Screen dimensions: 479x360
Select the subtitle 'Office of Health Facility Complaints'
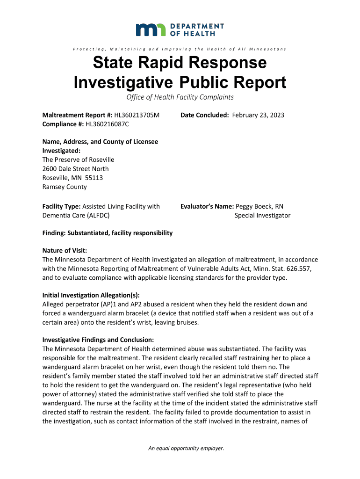tap(180, 97)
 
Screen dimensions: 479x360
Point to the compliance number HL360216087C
tap(107, 124)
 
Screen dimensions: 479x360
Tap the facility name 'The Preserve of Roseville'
tap(78, 160)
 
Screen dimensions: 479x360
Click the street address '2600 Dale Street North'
tap(75, 168)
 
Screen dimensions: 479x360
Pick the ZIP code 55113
tap(94, 178)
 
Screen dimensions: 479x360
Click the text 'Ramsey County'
tap(65, 187)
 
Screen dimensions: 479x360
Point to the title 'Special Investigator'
tap(262, 215)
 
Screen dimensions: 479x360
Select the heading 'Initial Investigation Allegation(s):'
tap(91, 295)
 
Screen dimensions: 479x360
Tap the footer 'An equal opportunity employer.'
tap(186, 448)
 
